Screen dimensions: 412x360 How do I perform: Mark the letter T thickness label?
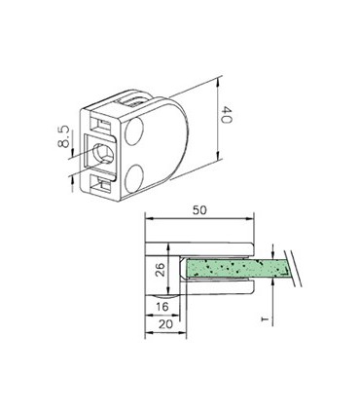tap(275, 316)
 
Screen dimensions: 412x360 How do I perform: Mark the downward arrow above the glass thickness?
tap(275, 249)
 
